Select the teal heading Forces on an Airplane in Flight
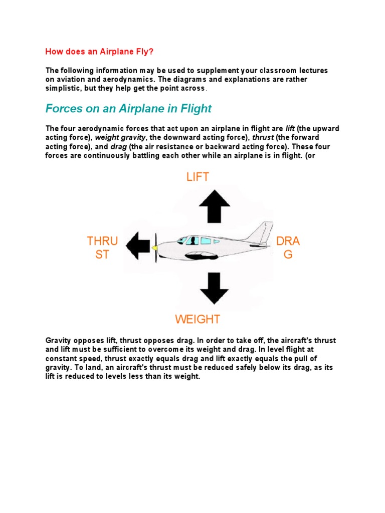point(128,109)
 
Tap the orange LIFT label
point(198,176)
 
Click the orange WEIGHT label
point(198,319)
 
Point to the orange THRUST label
point(102,248)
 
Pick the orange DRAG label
point(288,248)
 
